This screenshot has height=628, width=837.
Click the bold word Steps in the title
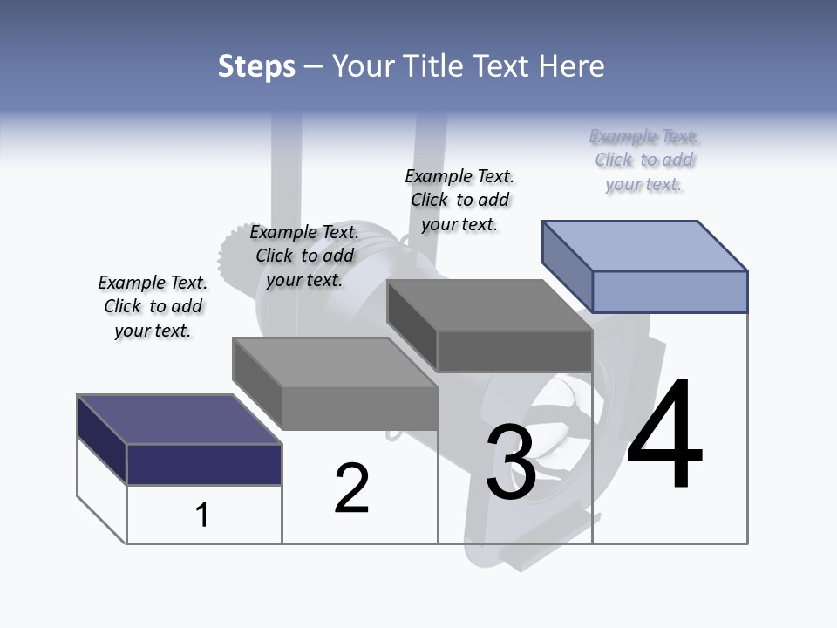coord(256,66)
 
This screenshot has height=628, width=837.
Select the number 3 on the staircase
coord(511,462)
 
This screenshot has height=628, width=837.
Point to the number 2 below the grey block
coord(351,488)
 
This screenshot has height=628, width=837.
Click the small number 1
coord(202,515)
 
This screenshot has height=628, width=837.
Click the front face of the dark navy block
coord(204,464)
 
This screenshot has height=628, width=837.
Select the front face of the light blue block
coord(670,291)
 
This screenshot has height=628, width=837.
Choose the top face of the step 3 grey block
coord(489,305)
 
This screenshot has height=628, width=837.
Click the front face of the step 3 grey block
coord(514,352)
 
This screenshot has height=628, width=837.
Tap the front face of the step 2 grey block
coord(360,408)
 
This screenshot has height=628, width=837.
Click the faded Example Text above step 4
coord(644,160)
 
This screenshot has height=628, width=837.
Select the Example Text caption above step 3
coord(460,200)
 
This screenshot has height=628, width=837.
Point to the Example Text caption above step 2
coord(305,256)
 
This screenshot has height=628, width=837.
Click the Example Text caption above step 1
coord(153,306)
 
